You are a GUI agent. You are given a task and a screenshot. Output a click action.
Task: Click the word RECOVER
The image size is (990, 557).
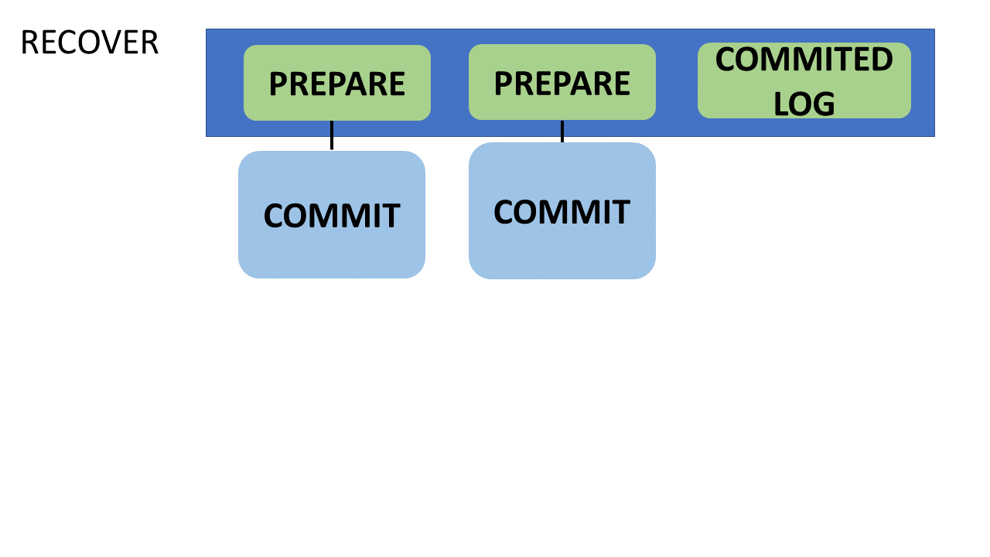pos(90,43)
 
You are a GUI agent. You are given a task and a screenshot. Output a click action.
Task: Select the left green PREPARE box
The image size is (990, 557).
pos(337,83)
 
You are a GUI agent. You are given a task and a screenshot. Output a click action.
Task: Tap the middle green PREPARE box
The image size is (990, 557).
pos(562,82)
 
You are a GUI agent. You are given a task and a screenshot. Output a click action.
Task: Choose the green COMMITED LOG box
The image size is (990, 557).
pos(804,80)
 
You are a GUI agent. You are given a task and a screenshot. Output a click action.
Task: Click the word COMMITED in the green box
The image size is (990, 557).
pos(804,60)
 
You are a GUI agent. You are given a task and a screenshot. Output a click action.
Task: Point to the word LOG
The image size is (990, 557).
pos(804,104)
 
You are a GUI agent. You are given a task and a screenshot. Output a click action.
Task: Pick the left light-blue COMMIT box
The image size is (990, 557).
pos(332,215)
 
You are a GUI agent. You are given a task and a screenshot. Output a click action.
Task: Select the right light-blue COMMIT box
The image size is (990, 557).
pos(562,211)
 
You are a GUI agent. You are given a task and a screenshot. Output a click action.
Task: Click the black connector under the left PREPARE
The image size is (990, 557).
pos(332,135)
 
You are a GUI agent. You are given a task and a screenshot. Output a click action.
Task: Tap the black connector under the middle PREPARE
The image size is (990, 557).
pos(562,132)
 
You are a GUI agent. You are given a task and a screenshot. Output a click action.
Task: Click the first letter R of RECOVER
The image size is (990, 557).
pos(29,43)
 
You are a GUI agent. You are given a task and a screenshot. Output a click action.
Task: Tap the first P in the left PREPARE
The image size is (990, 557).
pos(278,84)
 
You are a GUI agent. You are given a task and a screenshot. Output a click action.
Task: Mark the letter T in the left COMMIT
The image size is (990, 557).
pos(391,216)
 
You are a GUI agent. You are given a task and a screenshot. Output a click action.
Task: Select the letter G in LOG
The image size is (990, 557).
pos(824,104)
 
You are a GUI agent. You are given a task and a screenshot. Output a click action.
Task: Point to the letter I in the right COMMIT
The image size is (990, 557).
pos(605,212)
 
